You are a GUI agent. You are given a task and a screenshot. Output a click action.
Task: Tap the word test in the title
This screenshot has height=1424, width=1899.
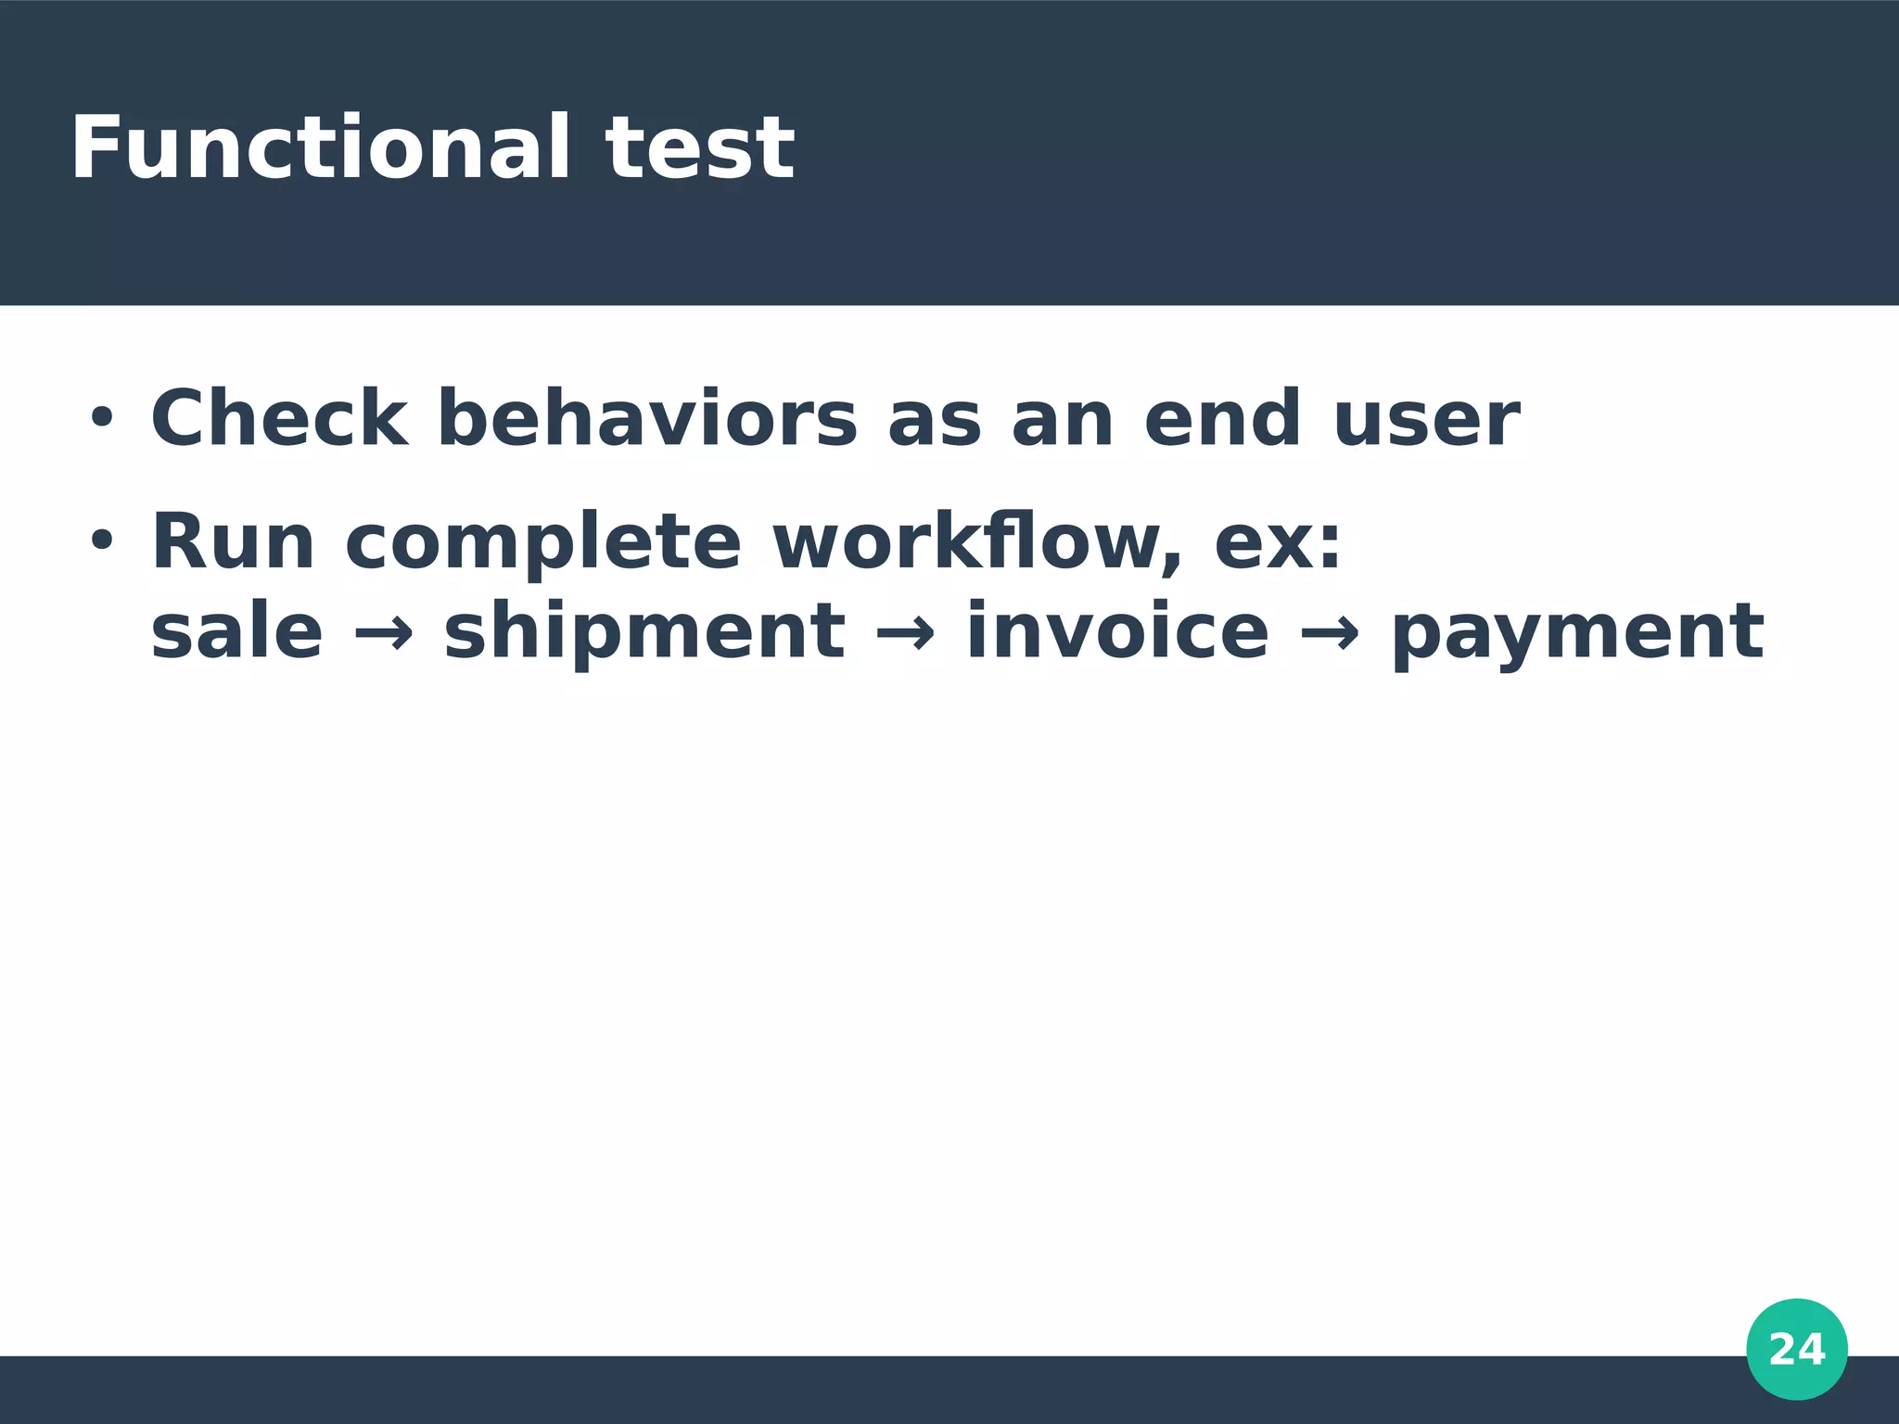pyautogui.click(x=700, y=148)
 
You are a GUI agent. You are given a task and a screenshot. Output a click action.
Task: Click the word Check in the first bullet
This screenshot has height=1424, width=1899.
pyautogui.click(x=279, y=419)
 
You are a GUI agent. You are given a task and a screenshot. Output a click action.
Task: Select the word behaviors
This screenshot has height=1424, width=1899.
pyautogui.click(x=647, y=419)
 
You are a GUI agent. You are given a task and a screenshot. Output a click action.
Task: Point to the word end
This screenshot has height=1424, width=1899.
pyautogui.click(x=1222, y=419)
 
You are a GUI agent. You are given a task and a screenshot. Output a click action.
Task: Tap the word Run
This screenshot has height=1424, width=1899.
pyautogui.click(x=233, y=542)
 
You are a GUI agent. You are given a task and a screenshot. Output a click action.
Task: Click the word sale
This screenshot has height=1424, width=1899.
pyautogui.click(x=236, y=632)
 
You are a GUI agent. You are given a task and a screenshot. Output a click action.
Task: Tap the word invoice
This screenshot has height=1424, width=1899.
pyautogui.click(x=1117, y=632)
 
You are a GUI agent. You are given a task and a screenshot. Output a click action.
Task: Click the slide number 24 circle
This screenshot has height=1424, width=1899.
pyautogui.click(x=1797, y=1349)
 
